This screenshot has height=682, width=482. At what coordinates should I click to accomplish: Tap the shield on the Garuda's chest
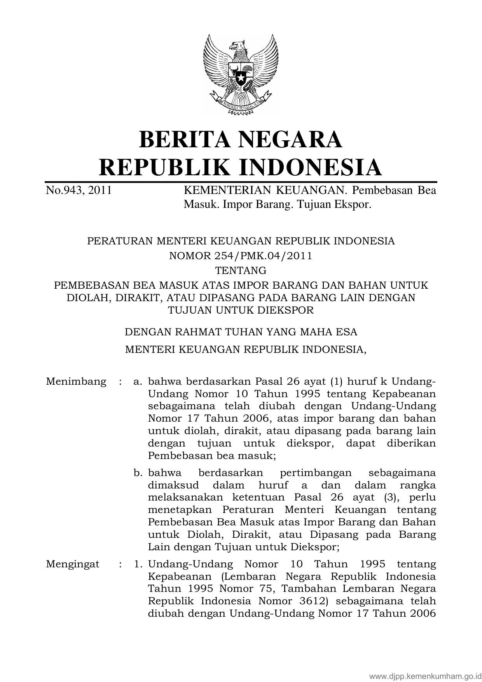tap(241, 74)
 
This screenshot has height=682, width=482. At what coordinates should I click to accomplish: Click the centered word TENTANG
tap(241, 270)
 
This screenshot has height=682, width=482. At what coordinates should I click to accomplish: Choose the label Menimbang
tap(76, 381)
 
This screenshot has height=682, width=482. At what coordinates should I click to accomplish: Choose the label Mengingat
tap(73, 564)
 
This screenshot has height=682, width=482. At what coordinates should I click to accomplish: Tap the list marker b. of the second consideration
tap(137, 473)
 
